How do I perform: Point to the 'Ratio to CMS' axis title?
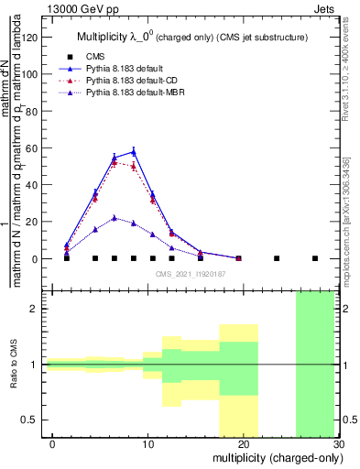click(14, 365)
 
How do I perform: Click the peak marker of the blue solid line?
click(134, 152)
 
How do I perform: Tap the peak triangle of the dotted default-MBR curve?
click(115, 218)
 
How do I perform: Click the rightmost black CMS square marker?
click(315, 258)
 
